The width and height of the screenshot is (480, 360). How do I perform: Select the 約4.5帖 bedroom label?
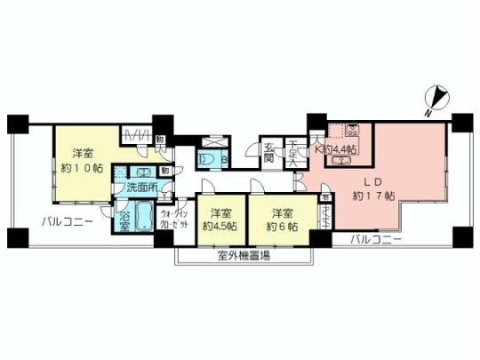pos(218,220)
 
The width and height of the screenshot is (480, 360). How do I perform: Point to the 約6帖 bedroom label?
pos(282,220)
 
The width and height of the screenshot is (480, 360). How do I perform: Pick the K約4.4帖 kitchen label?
pos(340,149)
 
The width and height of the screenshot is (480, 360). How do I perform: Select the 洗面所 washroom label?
pos(140,188)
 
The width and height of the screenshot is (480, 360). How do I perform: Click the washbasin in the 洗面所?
pos(143,172)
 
